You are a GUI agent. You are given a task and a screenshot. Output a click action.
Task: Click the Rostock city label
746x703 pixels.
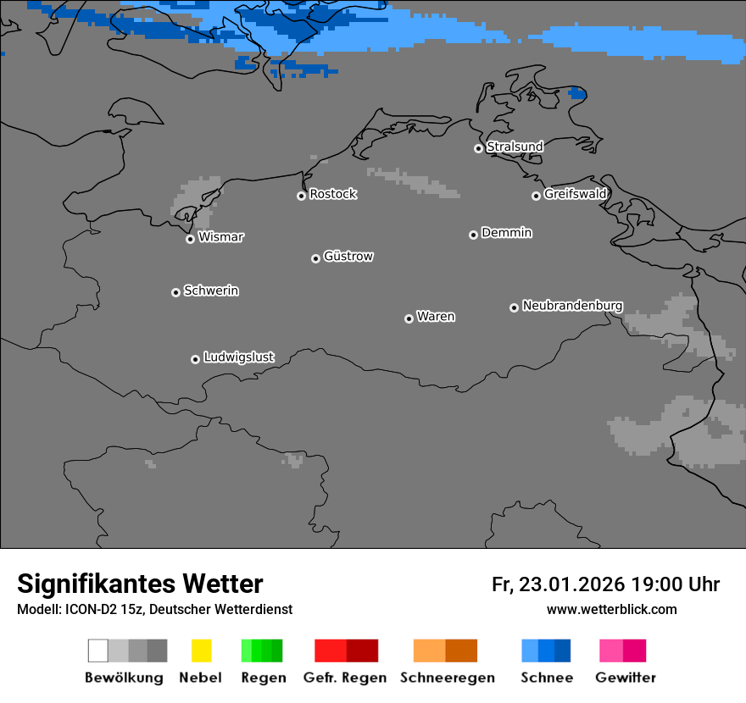332,194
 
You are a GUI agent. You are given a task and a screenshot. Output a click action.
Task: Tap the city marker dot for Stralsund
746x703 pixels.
478,148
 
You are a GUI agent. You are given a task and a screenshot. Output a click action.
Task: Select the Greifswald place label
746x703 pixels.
575,194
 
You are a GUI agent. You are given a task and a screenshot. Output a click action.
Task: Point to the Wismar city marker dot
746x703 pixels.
190,239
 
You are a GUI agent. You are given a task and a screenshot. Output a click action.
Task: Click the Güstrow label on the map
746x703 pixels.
348,257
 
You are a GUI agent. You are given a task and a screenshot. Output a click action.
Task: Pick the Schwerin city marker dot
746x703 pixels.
175,292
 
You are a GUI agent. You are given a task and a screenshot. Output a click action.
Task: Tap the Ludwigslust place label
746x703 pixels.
238,357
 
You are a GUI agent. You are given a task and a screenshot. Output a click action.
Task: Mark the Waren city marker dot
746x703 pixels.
409,318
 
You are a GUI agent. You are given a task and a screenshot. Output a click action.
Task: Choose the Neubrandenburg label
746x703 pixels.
572,306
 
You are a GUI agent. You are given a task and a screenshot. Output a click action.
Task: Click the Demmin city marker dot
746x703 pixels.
473,235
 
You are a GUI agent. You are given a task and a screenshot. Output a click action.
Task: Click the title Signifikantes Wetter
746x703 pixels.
140,584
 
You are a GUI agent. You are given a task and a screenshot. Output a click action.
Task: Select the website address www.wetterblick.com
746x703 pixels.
611,609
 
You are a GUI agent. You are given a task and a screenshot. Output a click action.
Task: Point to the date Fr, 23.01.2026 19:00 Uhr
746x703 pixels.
605,584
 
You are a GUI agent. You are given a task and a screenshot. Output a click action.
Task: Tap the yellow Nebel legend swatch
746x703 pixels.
201,650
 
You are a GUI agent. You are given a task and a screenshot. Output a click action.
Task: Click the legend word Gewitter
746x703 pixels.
625,678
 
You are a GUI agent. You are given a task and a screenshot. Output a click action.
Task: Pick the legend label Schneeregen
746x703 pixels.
446,678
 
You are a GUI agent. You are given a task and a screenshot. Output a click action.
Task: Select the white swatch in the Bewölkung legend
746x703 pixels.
98,650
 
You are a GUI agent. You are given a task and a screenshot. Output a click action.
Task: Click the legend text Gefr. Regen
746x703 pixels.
344,678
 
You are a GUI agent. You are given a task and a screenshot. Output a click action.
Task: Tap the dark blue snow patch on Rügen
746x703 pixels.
577,93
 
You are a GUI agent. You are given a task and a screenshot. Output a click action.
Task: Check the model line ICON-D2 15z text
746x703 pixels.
154,609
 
